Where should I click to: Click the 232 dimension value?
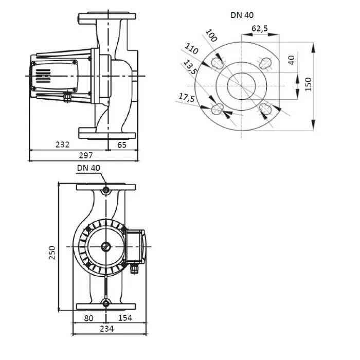pos(62,145)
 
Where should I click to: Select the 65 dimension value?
pos(122,145)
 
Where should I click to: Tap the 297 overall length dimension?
pos(86,156)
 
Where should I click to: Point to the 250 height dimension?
pos(52,253)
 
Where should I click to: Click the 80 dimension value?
pos(88,318)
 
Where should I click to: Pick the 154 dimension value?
pos(125,318)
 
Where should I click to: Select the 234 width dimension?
pos(107,329)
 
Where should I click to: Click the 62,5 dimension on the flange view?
pos(260,28)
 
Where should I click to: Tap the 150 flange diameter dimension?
pos(309,84)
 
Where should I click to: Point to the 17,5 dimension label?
pos(187,98)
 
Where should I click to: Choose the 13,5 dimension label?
pos(190,67)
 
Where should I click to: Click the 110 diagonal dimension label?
pos(191,49)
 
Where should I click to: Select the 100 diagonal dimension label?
pos(211,35)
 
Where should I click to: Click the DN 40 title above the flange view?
pos(242,15)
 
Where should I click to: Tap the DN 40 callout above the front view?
pos(88,168)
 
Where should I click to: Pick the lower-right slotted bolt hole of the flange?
pos(266,109)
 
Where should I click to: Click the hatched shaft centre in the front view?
pos(106,247)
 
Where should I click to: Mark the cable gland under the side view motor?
pos(67,97)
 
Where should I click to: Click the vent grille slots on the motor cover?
pos(43,76)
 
